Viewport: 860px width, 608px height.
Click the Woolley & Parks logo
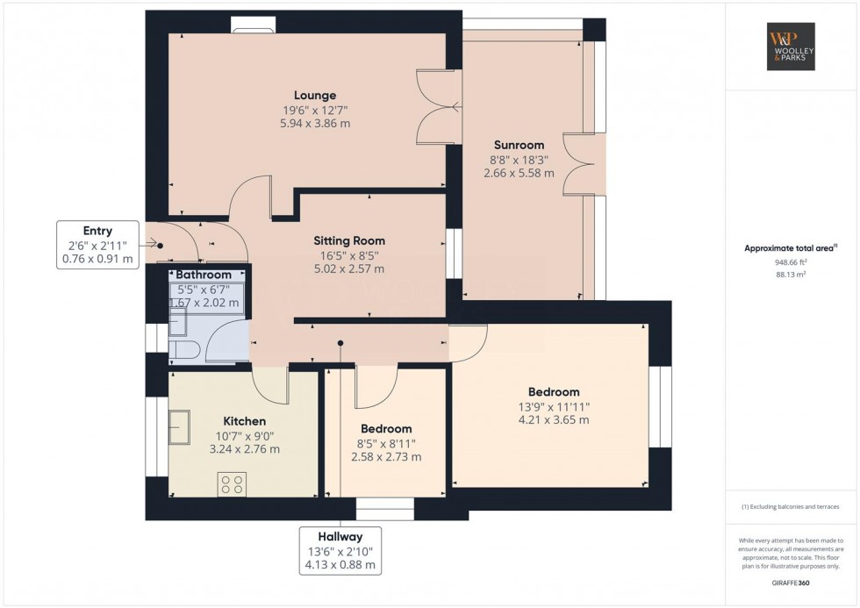tap(791, 46)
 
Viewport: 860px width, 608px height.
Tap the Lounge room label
tap(314, 96)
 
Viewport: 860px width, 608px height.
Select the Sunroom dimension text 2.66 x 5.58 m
tap(519, 174)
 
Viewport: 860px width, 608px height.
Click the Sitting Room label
tap(349, 240)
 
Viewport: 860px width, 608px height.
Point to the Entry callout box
tap(98, 245)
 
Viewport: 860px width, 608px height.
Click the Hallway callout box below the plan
tap(340, 550)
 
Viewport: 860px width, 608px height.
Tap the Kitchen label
tap(244, 421)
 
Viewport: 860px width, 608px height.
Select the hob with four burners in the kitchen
tap(232, 484)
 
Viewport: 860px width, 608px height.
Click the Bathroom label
tap(204, 275)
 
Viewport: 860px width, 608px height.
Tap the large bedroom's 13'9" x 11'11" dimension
tap(554, 406)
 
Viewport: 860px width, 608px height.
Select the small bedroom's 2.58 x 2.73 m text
tap(386, 457)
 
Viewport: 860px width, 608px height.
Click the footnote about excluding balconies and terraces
tap(790, 507)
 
